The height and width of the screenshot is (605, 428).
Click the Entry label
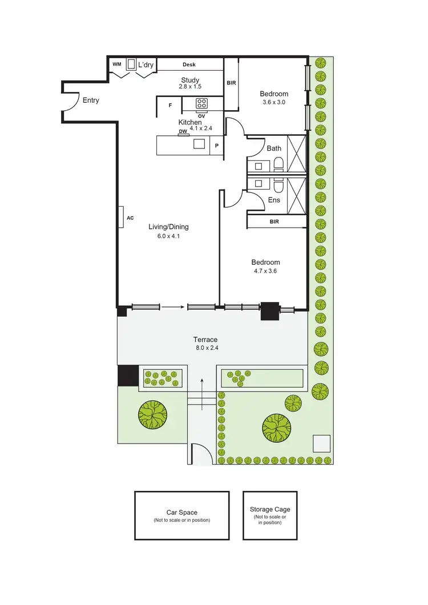91,100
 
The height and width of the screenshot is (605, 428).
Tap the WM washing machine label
116,64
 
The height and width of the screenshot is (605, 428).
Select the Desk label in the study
189,65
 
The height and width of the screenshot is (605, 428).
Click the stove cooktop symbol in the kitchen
202,103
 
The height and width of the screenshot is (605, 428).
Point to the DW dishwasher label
183,132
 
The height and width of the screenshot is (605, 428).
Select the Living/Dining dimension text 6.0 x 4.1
168,236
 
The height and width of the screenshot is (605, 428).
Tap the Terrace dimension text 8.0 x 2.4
206,348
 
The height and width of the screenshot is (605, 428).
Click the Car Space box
182,515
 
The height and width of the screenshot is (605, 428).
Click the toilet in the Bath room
278,165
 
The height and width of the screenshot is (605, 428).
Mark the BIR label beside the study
231,83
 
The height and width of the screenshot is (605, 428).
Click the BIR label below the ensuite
274,221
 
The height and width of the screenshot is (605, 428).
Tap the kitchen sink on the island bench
199,144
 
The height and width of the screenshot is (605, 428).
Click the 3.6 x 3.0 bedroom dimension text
274,102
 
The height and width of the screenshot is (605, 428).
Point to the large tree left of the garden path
152,413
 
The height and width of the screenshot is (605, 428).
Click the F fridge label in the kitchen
170,106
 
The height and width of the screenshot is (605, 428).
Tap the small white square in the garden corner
321,443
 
